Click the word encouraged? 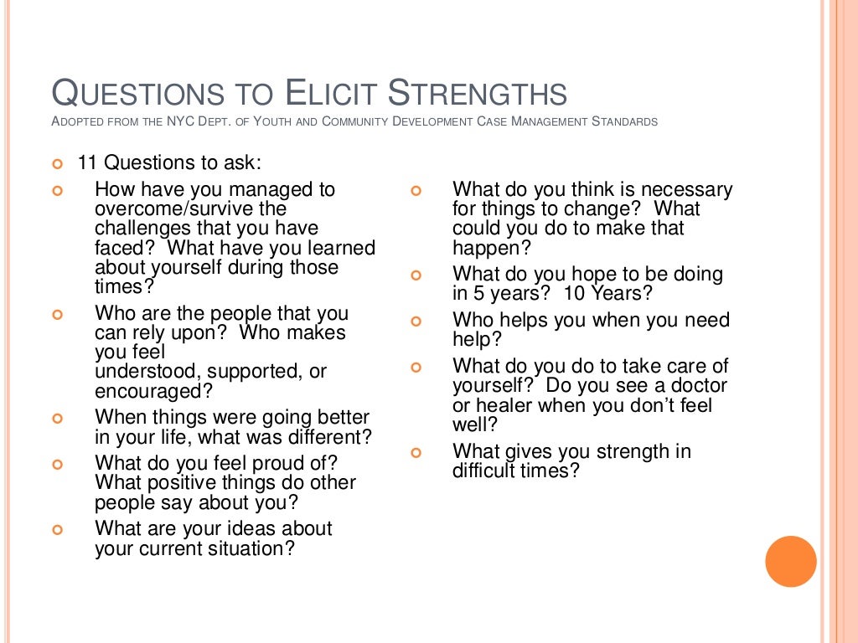(153, 391)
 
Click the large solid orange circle (790, 561)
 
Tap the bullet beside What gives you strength (416, 453)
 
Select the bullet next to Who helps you (416, 321)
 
